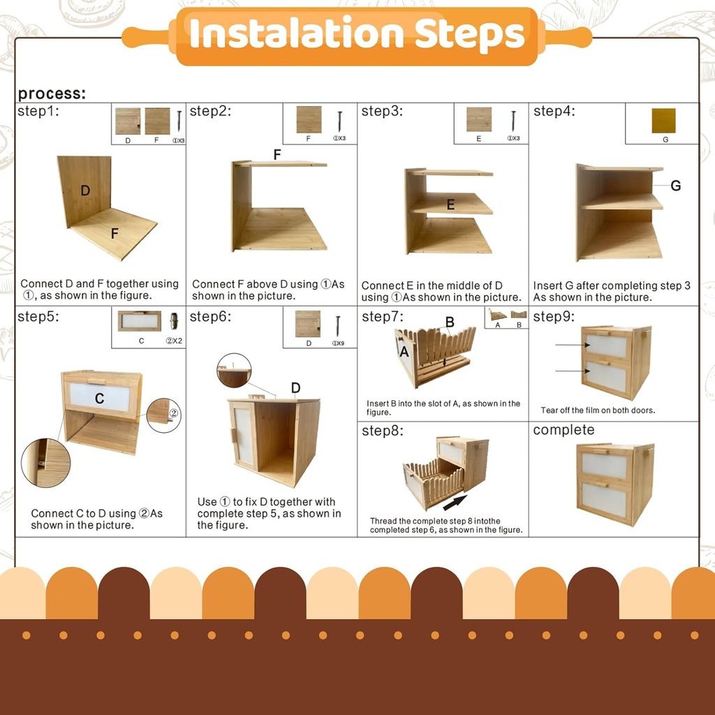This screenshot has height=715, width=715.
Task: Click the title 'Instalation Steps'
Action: click(x=357, y=34)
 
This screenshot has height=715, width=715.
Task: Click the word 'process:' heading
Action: click(x=52, y=94)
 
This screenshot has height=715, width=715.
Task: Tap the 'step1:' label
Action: click(x=38, y=111)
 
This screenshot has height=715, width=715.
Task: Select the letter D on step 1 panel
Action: click(x=85, y=191)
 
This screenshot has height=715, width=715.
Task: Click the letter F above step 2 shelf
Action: click(x=277, y=154)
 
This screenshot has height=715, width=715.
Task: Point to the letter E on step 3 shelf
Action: click(x=450, y=205)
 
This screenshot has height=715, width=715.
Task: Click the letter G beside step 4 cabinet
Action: click(x=675, y=186)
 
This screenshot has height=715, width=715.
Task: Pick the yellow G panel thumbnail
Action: click(x=663, y=121)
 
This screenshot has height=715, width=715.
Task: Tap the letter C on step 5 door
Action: click(x=99, y=398)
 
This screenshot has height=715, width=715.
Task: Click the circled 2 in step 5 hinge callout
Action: click(x=173, y=413)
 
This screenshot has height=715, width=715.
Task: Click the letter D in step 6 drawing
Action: click(x=295, y=388)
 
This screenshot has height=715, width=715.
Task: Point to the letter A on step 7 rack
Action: click(x=404, y=353)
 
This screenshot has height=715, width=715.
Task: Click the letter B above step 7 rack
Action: click(x=450, y=322)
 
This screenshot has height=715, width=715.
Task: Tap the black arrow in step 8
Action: click(x=455, y=502)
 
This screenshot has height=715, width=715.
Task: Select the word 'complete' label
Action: click(x=563, y=430)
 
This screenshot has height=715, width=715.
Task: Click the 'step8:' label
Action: click(x=382, y=431)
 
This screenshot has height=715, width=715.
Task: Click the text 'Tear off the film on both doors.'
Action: click(x=598, y=411)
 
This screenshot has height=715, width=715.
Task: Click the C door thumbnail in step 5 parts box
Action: click(x=139, y=322)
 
